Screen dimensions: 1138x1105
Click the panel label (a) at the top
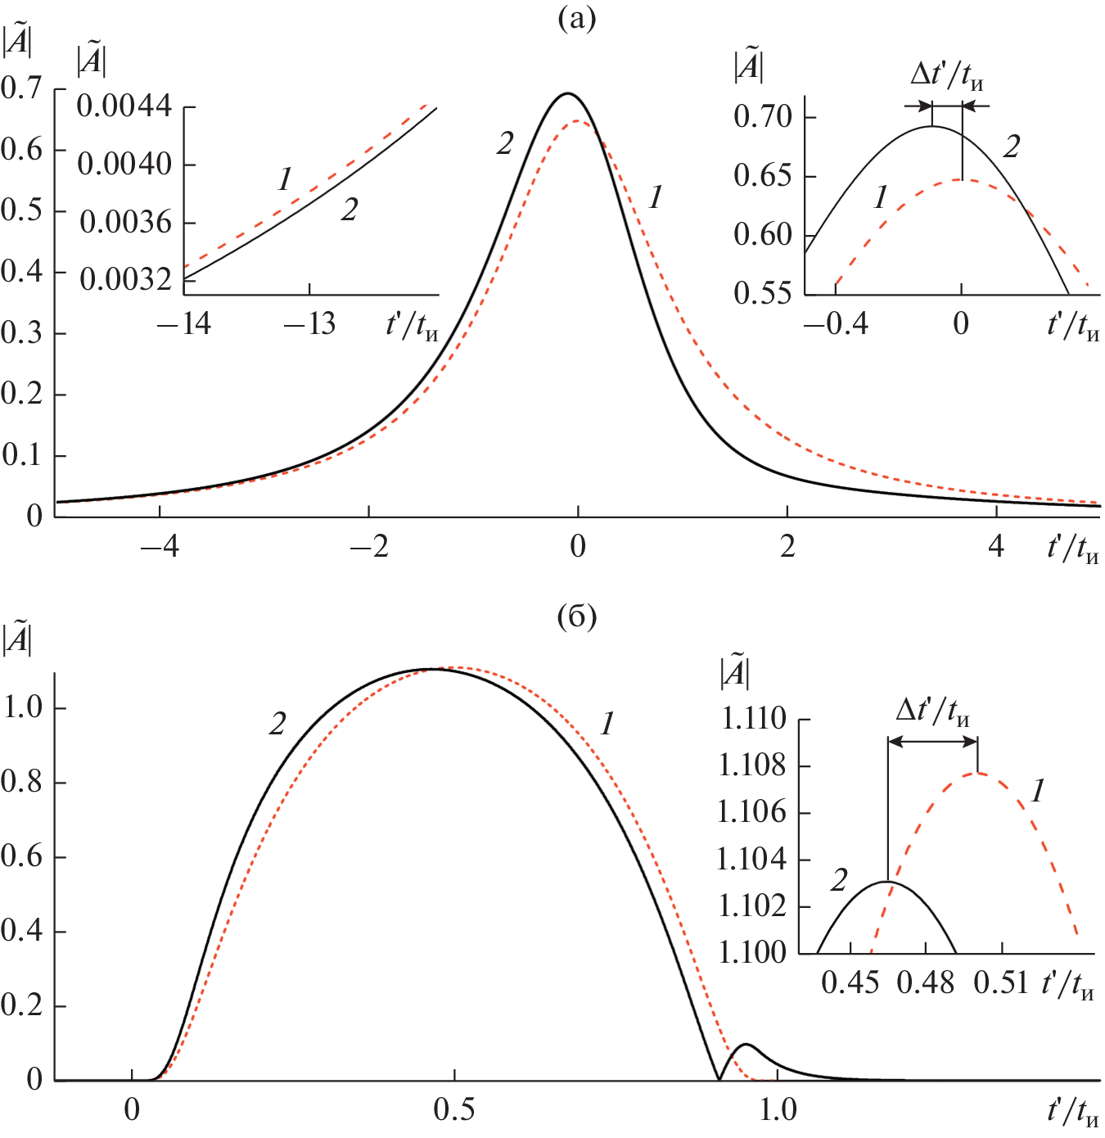pyautogui.click(x=577, y=18)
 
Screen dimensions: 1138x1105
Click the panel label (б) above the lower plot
pyautogui.click(x=577, y=616)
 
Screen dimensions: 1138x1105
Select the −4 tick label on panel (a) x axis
pyautogui.click(x=160, y=546)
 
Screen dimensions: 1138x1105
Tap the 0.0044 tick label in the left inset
pyautogui.click(x=124, y=106)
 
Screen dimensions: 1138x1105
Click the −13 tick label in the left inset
pyautogui.click(x=309, y=324)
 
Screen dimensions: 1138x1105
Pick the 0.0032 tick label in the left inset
pyautogui.click(x=125, y=280)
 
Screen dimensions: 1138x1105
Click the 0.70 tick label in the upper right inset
pyautogui.click(x=763, y=116)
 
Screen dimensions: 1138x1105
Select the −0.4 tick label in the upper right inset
pyautogui.click(x=835, y=324)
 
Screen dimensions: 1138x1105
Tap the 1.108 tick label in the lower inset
pyautogui.click(x=751, y=765)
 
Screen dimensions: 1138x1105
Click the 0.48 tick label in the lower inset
pyautogui.click(x=926, y=982)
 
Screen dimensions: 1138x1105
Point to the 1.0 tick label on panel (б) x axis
pyautogui.click(x=777, y=1110)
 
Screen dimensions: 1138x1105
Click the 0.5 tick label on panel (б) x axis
pyautogui.click(x=453, y=1110)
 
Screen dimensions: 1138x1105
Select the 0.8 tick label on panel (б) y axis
pyautogui.click(x=22, y=782)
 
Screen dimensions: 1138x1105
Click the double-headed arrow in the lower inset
pyautogui.click(x=932, y=742)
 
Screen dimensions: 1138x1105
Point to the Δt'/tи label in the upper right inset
pyautogui.click(x=947, y=76)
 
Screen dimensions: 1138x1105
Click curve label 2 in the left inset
pyautogui.click(x=350, y=210)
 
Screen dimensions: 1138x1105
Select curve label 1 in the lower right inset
pyautogui.click(x=1038, y=791)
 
